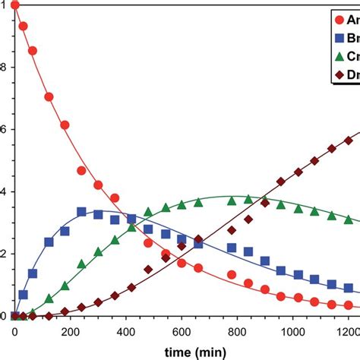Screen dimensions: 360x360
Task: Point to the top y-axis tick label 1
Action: click(x=4, y=6)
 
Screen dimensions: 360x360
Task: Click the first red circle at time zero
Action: click(x=15, y=6)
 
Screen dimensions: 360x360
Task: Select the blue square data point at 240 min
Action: click(x=82, y=212)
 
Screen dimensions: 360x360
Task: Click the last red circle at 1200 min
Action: click(x=348, y=305)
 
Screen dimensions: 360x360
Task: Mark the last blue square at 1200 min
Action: click(x=348, y=289)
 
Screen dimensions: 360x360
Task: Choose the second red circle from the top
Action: click(x=23, y=27)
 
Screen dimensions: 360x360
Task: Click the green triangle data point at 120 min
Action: click(x=49, y=298)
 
